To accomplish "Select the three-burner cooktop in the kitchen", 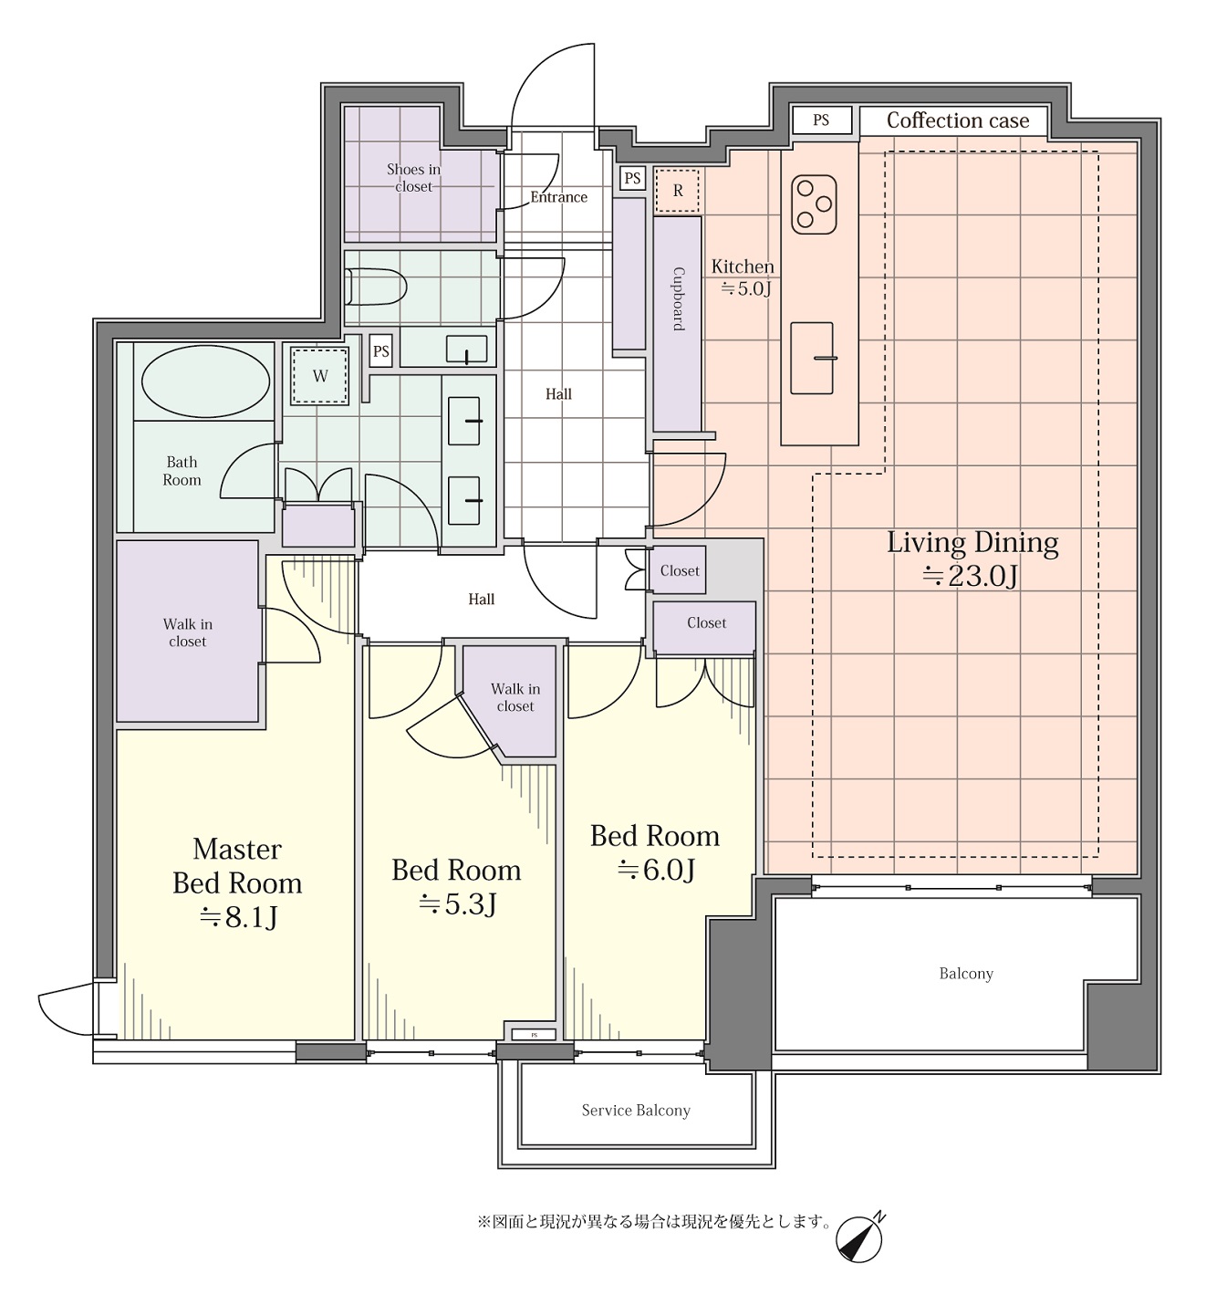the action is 814,204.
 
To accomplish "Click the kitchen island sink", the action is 812,358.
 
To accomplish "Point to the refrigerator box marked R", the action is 677,191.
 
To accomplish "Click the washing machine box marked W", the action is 320,377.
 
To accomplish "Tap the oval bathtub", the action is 205,381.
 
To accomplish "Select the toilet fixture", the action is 376,287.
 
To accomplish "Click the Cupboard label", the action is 679,299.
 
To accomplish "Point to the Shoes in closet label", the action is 413,177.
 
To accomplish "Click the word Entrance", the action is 558,197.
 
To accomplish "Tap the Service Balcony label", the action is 636,1110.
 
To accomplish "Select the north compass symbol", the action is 860,1237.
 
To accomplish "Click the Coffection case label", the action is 958,120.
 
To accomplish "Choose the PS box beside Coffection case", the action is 822,120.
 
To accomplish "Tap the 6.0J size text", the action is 656,870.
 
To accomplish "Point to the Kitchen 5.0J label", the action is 743,277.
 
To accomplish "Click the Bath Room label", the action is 182,471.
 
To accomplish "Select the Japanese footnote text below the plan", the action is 654,1222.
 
